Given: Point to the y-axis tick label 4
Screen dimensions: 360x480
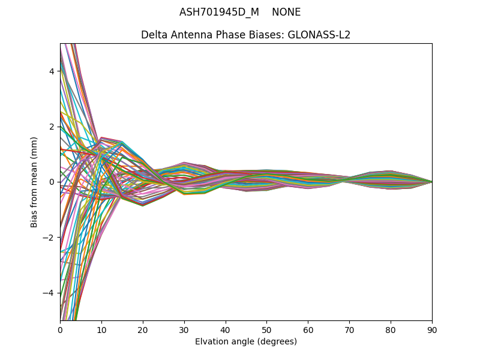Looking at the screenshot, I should click(52, 71).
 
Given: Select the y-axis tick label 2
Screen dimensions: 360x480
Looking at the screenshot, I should click(52, 127).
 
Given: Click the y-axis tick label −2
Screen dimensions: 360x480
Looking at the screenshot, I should click(50, 238).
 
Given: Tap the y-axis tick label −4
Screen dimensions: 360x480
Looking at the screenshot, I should click(50, 293).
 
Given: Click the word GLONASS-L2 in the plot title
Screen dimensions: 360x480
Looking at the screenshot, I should click(319, 35).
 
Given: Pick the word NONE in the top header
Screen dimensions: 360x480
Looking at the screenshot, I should click(286, 13).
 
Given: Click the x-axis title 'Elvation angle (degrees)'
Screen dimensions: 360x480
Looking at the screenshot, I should click(246, 341).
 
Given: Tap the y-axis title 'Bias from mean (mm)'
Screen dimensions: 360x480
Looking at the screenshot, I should click(35, 182).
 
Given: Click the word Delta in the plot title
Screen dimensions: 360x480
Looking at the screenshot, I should click(153, 35).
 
